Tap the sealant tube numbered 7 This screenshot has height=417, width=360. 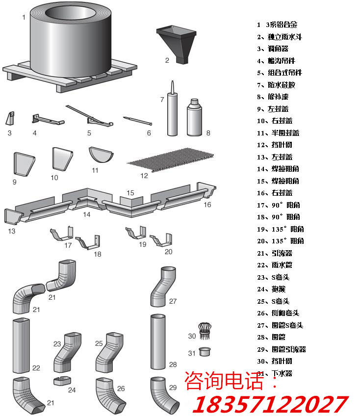point(172,110)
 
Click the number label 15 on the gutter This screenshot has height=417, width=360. point(130,193)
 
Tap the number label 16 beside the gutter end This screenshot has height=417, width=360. point(207,205)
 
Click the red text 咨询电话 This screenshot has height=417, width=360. point(226,381)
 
